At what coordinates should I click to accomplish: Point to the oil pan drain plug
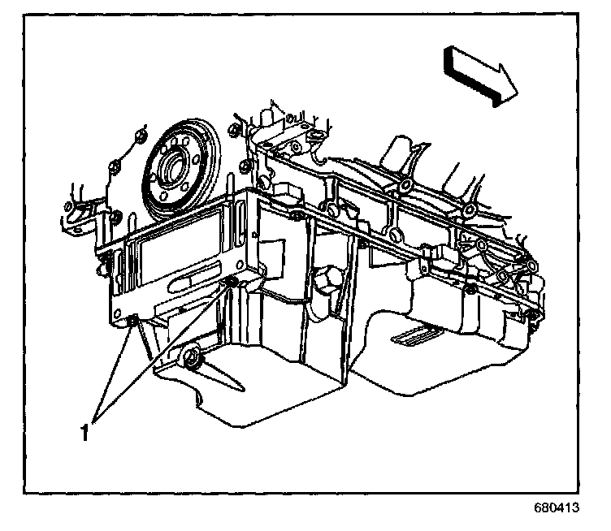[192, 358]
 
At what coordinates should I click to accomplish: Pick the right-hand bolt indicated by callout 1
[231, 283]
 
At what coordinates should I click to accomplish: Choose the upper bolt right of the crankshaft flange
[236, 130]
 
